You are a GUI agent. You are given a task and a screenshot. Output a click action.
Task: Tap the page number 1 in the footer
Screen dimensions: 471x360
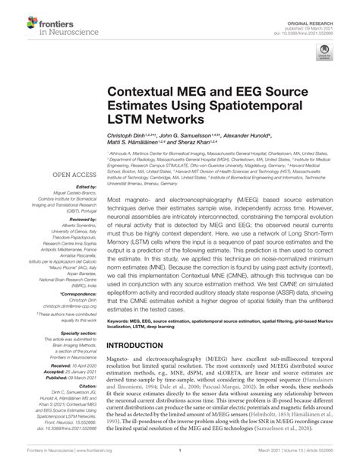pos(179,460)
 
